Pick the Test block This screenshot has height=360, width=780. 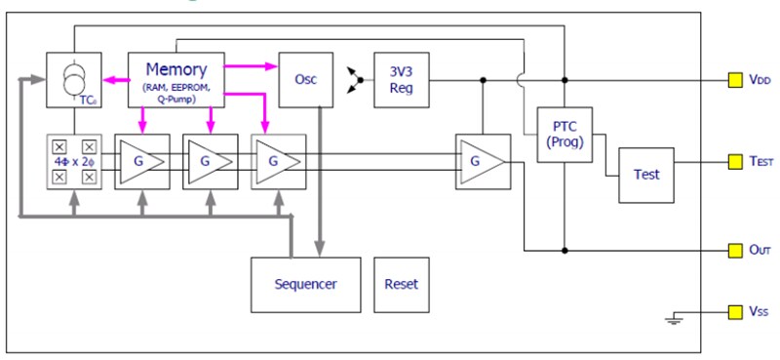(x=646, y=175)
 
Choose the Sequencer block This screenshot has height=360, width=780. (x=305, y=284)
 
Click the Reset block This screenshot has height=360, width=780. (x=401, y=284)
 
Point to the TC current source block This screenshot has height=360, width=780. (x=73, y=81)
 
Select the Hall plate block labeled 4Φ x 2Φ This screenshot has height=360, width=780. (x=73, y=161)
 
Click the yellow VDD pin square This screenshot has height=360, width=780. (x=734, y=80)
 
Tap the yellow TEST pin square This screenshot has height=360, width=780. (x=734, y=160)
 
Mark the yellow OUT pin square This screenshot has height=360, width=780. (x=734, y=250)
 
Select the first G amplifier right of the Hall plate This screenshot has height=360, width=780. (x=141, y=161)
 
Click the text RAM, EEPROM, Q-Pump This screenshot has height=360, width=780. (x=176, y=92)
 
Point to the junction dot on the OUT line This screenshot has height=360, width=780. (x=565, y=250)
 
